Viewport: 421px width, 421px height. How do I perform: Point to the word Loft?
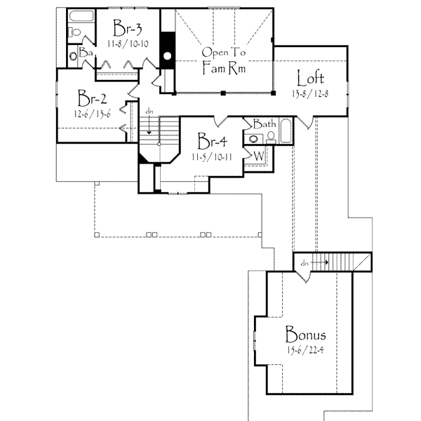(309, 77)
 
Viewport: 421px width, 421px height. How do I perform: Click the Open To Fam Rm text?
(222, 61)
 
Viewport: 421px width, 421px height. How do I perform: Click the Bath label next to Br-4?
(264, 123)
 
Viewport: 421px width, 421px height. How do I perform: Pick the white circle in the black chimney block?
(168, 56)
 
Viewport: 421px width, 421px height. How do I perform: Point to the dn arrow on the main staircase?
(149, 119)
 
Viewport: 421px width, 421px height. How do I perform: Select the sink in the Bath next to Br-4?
(253, 138)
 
